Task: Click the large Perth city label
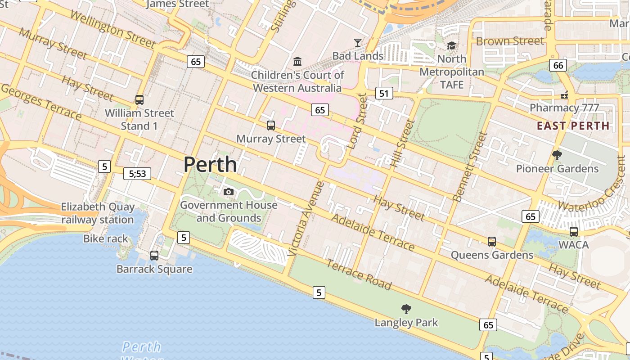pyautogui.click(x=210, y=165)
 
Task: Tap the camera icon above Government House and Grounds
pyautogui.click(x=229, y=192)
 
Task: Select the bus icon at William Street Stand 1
pyautogui.click(x=139, y=100)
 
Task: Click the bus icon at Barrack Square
pyautogui.click(x=154, y=256)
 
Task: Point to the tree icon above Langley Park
pyautogui.click(x=406, y=309)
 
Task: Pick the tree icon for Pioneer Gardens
pyautogui.click(x=557, y=155)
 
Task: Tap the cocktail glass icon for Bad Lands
pyautogui.click(x=358, y=43)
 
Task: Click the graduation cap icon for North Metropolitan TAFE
pyautogui.click(x=451, y=45)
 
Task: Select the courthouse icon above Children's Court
pyautogui.click(x=297, y=61)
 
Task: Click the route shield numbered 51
pyautogui.click(x=383, y=94)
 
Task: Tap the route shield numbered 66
pyautogui.click(x=558, y=65)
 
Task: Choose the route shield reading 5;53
pyautogui.click(x=137, y=174)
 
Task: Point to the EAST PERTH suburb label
pyautogui.click(x=573, y=126)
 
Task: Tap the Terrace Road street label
pyautogui.click(x=359, y=274)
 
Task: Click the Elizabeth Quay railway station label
pyautogui.click(x=98, y=213)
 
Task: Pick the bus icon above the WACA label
pyautogui.click(x=574, y=232)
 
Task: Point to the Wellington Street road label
pyautogui.click(x=112, y=30)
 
